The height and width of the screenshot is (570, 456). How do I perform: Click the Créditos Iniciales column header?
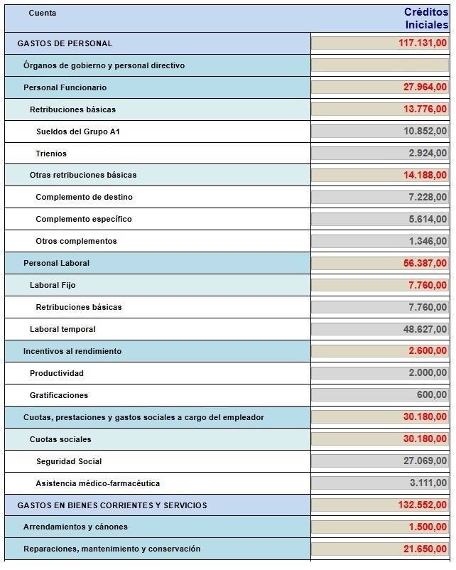425,18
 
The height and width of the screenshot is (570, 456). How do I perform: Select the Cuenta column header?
43,13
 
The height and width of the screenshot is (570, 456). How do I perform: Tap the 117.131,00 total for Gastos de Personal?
423,43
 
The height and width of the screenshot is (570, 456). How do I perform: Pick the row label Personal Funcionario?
65,87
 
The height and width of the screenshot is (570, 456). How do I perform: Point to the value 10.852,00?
425,131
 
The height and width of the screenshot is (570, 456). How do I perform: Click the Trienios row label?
51,154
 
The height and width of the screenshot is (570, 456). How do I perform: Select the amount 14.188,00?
425,175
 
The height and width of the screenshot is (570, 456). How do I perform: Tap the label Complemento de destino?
84,197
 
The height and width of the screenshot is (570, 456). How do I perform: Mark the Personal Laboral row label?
56,263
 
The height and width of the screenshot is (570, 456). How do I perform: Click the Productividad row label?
56,373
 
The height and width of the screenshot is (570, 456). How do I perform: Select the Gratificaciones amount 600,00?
432,395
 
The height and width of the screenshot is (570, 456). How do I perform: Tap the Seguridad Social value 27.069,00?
425,461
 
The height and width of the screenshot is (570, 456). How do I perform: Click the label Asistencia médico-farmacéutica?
97,483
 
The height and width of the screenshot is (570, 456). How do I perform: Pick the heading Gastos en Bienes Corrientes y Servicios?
112,505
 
